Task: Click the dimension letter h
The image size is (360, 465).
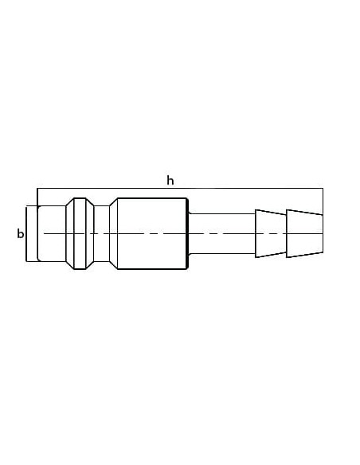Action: (170, 180)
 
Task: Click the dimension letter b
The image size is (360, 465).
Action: (20, 233)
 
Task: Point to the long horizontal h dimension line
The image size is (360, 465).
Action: (180, 189)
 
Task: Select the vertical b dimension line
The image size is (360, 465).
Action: (26, 234)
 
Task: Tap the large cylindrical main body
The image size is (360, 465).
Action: (152, 233)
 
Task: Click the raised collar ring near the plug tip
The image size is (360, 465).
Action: (80, 233)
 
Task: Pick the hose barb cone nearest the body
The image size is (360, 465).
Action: (271, 233)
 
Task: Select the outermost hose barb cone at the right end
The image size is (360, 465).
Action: (304, 233)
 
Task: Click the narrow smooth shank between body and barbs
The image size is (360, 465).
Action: (221, 233)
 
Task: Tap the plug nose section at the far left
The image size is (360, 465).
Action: (51, 233)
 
